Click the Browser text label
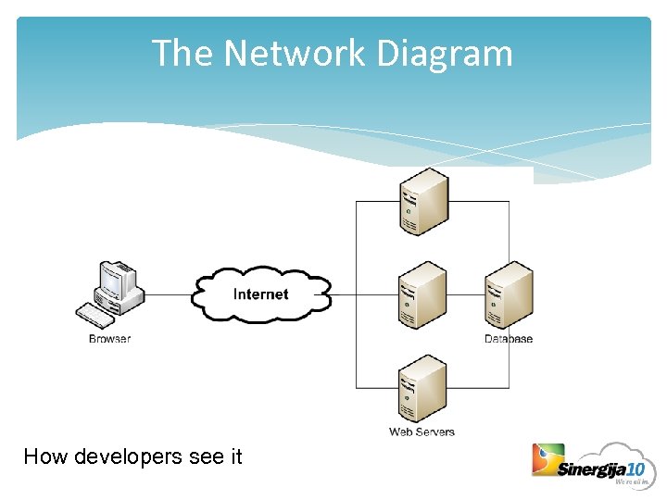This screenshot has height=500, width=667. pyautogui.click(x=109, y=339)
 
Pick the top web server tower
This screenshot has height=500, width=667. pyautogui.click(x=423, y=202)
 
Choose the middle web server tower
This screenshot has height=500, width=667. pyautogui.click(x=422, y=295)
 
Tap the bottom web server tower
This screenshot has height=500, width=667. pyautogui.click(x=422, y=389)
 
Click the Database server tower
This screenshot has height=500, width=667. pyautogui.click(x=509, y=295)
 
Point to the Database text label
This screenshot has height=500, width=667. pyautogui.click(x=509, y=339)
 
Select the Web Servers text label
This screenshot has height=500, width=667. pyautogui.click(x=422, y=431)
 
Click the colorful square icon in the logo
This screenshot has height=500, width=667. pyautogui.click(x=547, y=460)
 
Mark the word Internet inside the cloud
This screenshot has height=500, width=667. pyautogui.click(x=260, y=294)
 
